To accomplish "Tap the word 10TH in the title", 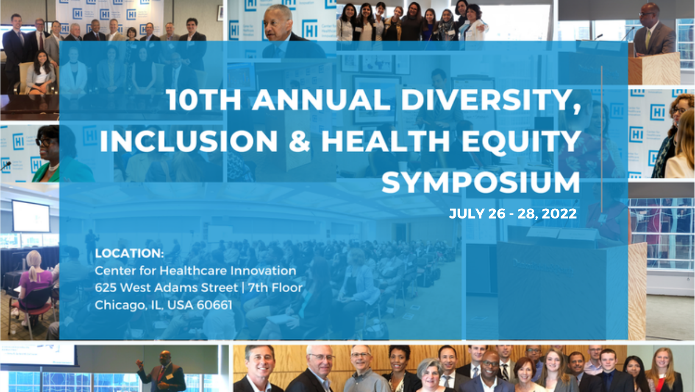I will (204, 100).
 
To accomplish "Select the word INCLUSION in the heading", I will (189, 141).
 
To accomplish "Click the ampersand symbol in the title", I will (300, 141).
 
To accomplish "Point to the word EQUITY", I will (521, 141).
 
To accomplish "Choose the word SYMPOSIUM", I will (481, 182).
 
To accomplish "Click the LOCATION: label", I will (129, 253).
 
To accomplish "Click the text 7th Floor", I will (275, 288).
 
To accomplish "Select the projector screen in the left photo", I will (31, 216).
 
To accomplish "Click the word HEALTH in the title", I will (385, 141).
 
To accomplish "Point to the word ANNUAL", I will (321, 100).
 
